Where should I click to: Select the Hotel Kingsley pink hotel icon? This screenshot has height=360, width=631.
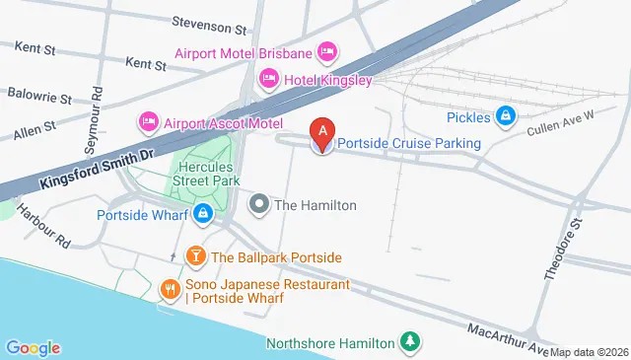268,78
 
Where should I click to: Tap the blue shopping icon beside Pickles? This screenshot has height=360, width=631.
506,117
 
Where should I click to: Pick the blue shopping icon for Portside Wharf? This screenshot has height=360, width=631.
202,213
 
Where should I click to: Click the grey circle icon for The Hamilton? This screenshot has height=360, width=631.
259,205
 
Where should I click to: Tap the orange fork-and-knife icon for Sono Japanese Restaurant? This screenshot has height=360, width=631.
171,290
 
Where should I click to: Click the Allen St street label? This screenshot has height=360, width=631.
33,129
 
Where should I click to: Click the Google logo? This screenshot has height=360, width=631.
33,347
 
